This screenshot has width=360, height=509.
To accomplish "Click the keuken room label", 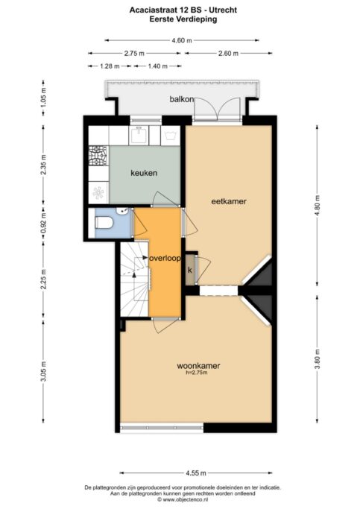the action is click(144, 173).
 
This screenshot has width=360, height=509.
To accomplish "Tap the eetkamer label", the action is click(229, 201).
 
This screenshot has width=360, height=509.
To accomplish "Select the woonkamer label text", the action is click(198, 366).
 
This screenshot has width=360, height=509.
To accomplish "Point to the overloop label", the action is click(165, 259).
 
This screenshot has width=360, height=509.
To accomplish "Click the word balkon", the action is click(182, 99).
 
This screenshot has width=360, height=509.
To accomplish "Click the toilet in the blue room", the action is click(104, 223).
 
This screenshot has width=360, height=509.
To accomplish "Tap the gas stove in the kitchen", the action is click(98, 157).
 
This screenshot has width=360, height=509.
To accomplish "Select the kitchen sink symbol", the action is click(139, 135).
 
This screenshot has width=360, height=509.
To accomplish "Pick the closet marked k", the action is click(190, 270).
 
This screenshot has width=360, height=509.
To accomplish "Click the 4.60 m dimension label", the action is click(182, 40).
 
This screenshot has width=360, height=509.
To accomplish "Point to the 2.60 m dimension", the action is click(228, 53).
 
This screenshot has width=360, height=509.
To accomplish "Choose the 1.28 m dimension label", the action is click(110, 66).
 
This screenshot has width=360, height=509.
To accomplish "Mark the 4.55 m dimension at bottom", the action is click(196, 473).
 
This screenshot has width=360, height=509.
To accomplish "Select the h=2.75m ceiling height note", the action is click(196, 373).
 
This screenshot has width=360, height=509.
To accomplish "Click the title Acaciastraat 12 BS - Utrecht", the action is click(183, 10).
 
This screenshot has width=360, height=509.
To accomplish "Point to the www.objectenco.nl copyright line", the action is click(183, 500).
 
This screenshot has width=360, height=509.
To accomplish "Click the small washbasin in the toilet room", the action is click(124, 212).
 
